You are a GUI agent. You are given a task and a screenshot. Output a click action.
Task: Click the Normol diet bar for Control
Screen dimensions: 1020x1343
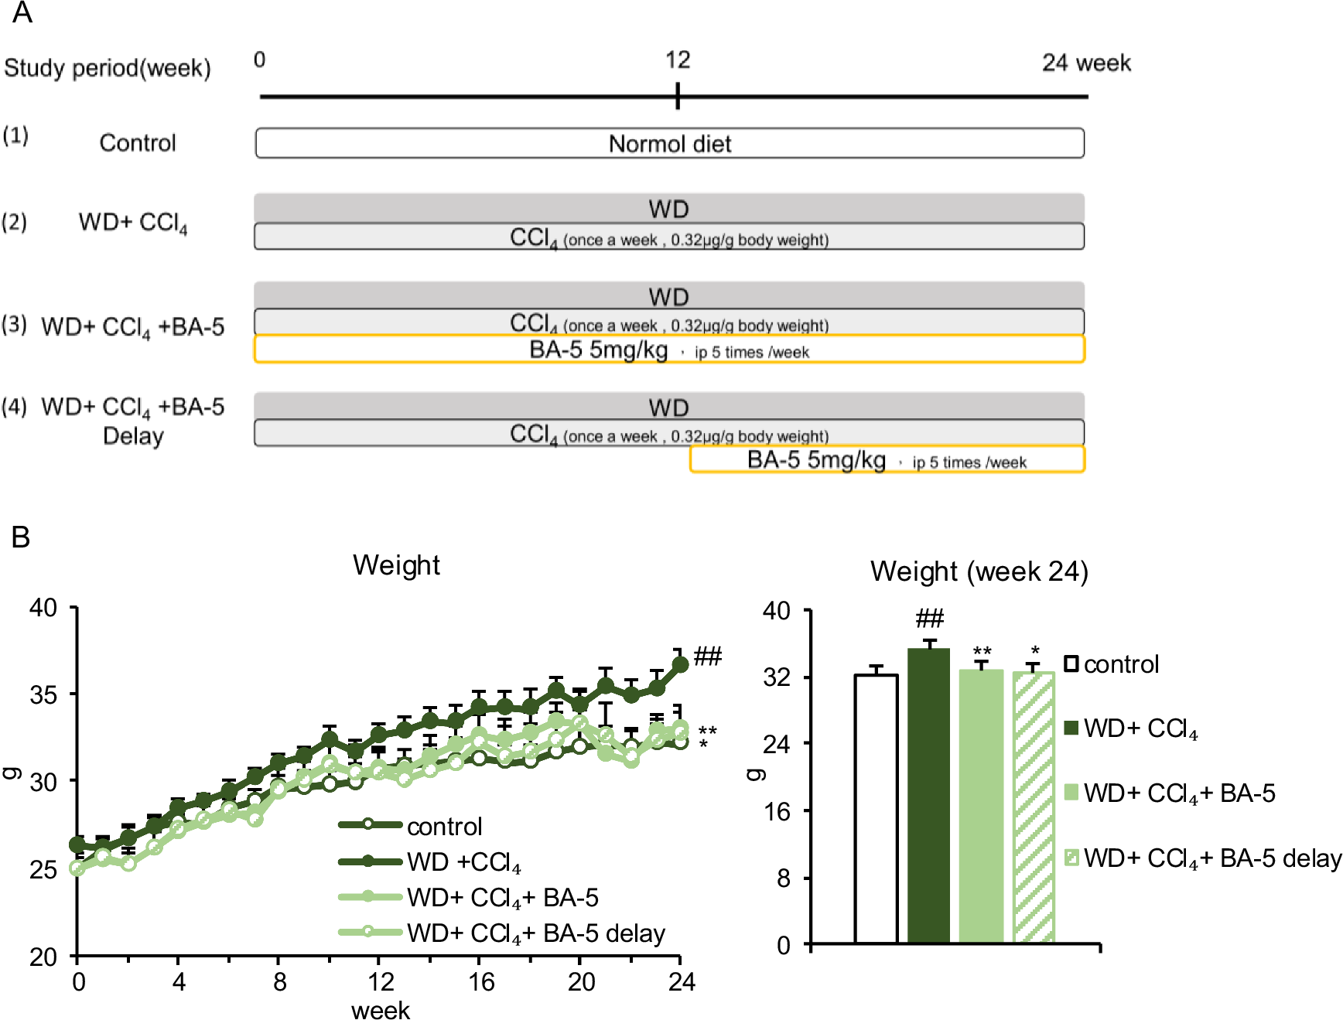pos(669,144)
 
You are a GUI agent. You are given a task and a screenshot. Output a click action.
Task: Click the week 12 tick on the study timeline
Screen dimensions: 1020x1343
pos(678,96)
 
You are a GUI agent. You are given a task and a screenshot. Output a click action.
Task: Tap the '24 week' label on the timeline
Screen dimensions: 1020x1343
pos(1085,63)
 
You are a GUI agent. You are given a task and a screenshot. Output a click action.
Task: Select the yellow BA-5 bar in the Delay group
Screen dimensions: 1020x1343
pos(887,460)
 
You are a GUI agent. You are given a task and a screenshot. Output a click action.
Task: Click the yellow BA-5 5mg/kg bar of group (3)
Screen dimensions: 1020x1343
pos(669,350)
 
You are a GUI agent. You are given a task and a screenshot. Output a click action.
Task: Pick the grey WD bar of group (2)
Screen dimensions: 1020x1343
pos(669,208)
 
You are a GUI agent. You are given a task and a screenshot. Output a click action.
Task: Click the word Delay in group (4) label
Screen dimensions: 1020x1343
pos(133,436)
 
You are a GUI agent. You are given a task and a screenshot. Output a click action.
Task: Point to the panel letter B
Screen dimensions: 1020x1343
pos(21,537)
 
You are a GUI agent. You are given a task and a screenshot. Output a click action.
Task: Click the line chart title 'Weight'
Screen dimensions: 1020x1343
pos(396,565)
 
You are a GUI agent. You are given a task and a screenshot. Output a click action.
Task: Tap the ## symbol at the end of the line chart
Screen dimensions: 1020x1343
pos(707,657)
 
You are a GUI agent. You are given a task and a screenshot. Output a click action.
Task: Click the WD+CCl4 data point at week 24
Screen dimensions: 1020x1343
pos(680,664)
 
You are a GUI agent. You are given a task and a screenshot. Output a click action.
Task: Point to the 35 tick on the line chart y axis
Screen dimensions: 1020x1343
pos(43,694)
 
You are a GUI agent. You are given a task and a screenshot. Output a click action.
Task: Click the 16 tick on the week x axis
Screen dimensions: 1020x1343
pos(480,982)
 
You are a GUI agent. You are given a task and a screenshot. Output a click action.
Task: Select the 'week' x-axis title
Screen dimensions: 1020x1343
pos(380,1010)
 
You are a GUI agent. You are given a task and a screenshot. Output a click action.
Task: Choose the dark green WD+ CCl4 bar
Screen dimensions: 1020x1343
pos(928,797)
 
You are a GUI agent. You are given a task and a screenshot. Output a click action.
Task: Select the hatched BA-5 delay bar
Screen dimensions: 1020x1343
pos(1034,808)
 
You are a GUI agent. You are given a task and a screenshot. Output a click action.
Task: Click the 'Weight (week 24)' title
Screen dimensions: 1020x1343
pos(979,571)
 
